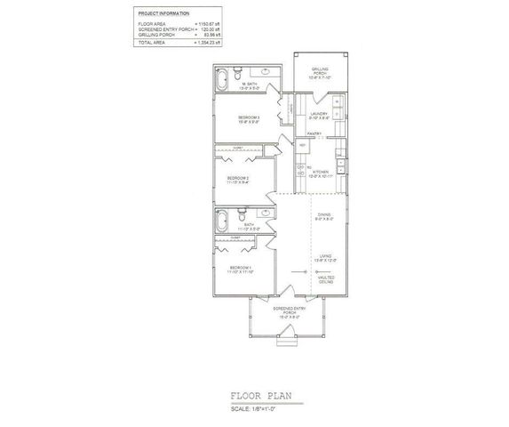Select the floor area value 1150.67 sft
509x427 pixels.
coord(211,24)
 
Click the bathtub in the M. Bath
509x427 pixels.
coord(222,84)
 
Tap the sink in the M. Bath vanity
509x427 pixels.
coord(266,70)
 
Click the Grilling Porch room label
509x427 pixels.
coord(319,73)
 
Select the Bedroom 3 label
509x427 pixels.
coord(249,119)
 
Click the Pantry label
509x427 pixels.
coord(314,134)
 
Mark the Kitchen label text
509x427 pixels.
coord(321,173)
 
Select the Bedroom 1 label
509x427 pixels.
coord(241,269)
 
